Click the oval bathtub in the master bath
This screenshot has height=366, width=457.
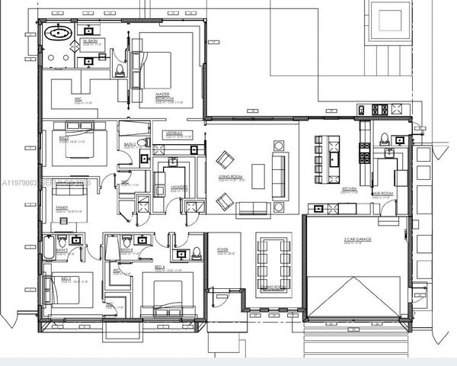(x=59, y=34)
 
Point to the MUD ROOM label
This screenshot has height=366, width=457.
(x=382, y=194)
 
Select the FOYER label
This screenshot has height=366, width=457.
(x=222, y=249)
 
